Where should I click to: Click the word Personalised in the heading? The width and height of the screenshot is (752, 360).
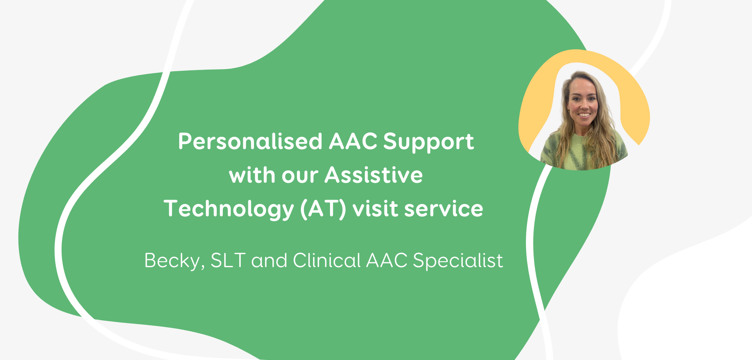250,141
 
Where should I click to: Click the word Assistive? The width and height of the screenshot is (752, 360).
374,175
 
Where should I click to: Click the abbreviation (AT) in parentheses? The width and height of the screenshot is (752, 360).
323,209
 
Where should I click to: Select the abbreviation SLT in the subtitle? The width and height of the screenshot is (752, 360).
228,260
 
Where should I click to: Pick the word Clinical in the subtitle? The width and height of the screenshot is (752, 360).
327,260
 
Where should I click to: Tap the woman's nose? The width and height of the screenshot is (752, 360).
584,105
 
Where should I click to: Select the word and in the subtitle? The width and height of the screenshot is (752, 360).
269,260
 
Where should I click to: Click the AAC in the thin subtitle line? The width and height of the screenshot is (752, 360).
387,260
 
